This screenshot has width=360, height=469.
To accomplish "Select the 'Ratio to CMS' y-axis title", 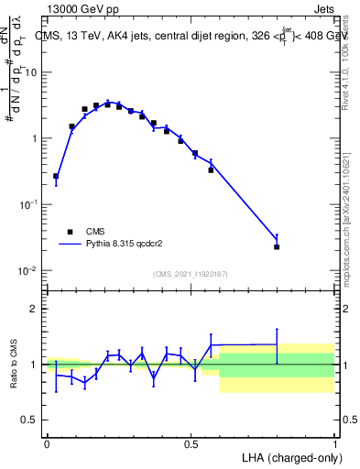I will [x=14, y=364].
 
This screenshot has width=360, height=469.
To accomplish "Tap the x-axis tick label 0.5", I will [x=191, y=444].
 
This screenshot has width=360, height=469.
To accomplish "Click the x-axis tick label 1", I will [x=334, y=444].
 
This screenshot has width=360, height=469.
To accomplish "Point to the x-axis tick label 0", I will [x=47, y=444].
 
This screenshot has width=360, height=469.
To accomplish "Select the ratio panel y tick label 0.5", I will [x=27, y=420].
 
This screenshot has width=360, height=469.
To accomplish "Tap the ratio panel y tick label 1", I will [x=33, y=365].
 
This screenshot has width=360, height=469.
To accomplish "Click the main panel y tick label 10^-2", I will [x=26, y=271].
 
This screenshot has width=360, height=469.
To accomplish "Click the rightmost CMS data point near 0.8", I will [x=277, y=246].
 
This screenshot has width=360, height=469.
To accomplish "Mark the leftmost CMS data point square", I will [x=56, y=176].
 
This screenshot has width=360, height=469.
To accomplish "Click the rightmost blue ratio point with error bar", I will [x=277, y=344].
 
